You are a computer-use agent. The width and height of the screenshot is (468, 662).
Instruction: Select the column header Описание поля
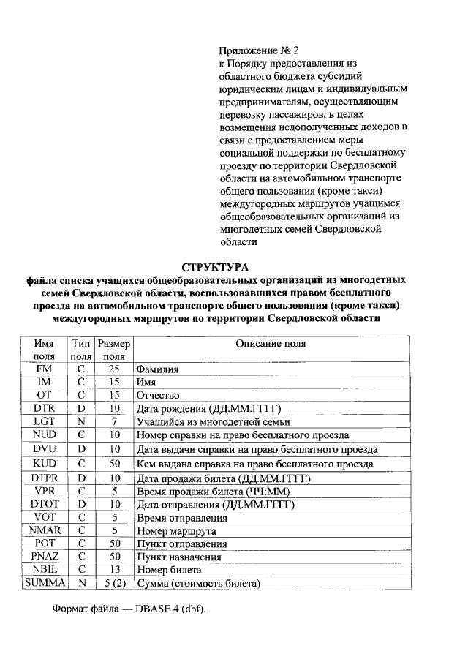(271, 344)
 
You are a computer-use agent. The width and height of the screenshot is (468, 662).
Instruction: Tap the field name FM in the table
(45, 369)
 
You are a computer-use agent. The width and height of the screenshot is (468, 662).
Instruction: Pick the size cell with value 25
(114, 369)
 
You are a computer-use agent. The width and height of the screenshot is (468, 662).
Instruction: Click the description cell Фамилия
(158, 370)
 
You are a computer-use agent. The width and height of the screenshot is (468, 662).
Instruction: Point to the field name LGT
(45, 421)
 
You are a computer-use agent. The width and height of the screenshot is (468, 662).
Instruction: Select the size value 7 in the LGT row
(114, 421)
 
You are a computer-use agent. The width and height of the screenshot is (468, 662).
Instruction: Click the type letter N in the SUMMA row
(82, 583)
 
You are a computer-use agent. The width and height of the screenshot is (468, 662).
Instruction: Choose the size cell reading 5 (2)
(114, 583)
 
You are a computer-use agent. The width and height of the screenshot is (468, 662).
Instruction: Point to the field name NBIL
(45, 569)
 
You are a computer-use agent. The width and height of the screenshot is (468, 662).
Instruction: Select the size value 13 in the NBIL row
(114, 569)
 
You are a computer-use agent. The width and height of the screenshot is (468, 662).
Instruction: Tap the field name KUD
(45, 464)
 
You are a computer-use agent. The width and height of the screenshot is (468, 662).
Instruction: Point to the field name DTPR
(45, 478)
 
